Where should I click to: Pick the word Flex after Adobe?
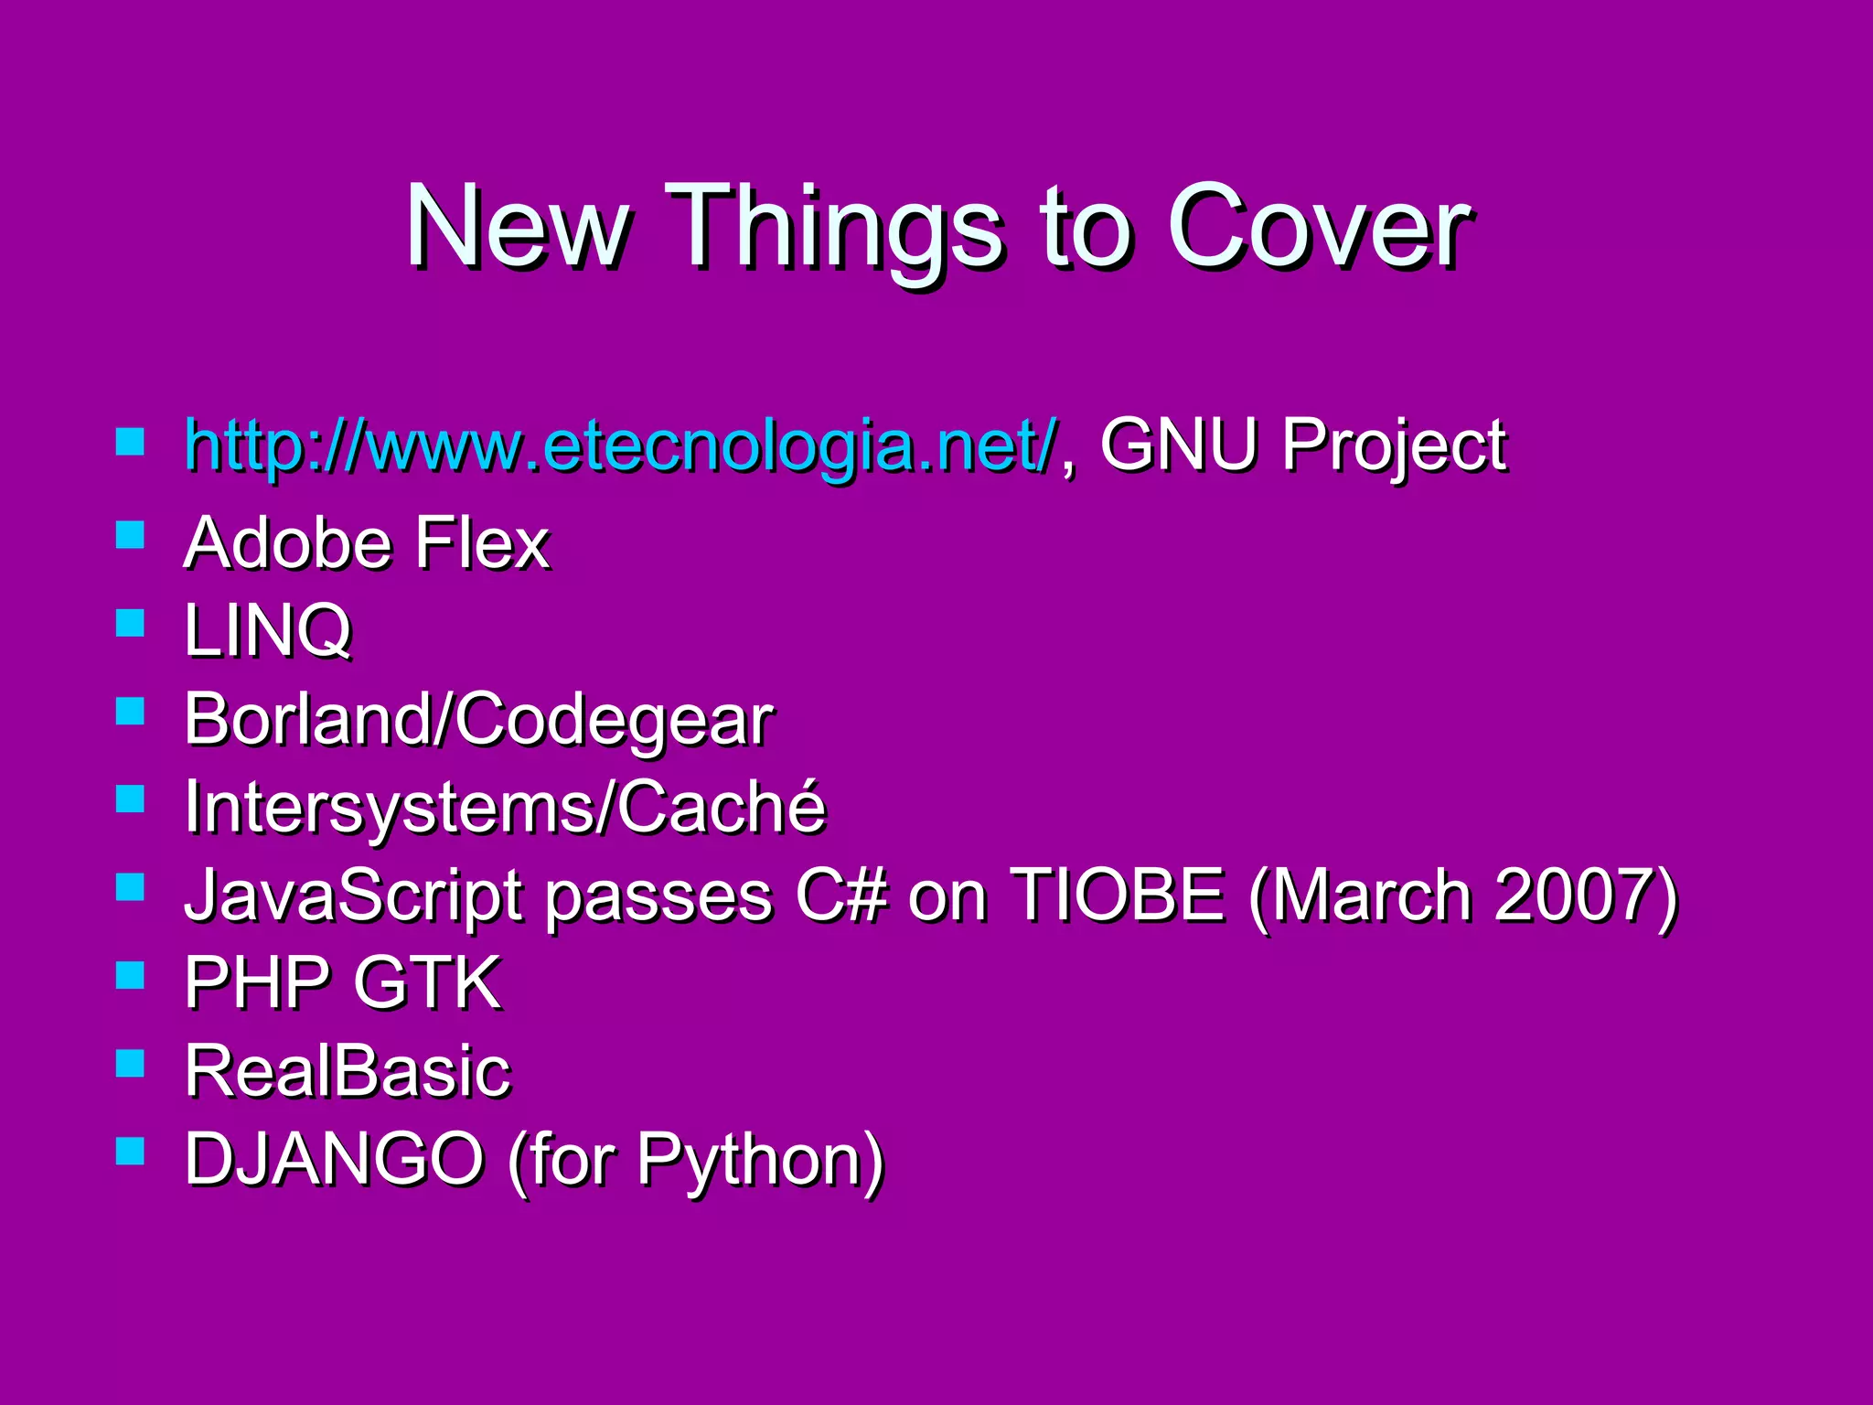tap(481, 543)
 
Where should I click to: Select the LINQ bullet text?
tap(267, 631)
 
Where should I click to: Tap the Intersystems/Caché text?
tap(505, 808)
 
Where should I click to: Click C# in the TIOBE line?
tap(840, 895)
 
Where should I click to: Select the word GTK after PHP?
tap(427, 983)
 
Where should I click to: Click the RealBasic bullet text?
tap(348, 1071)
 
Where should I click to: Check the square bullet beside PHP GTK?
tap(131, 975)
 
